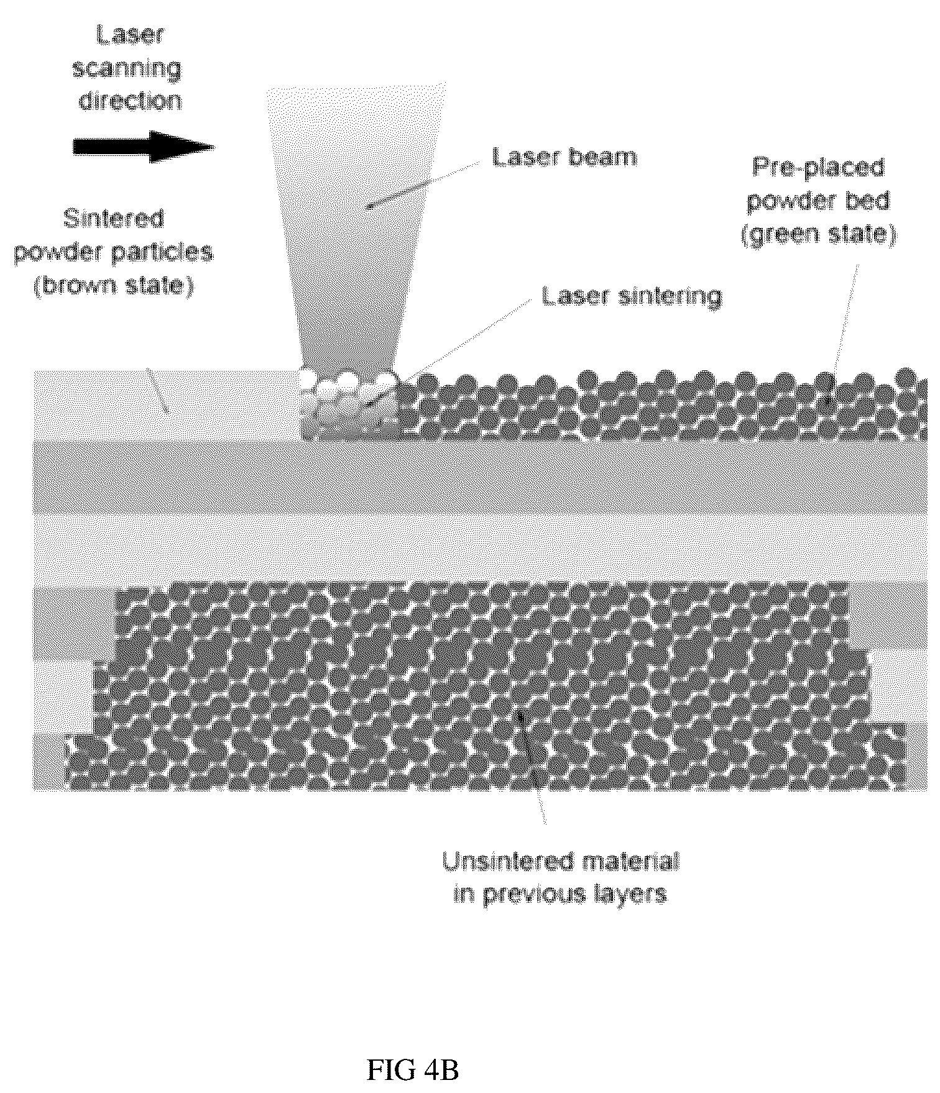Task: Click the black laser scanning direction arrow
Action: pos(144,147)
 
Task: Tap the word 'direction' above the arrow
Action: pos(131,100)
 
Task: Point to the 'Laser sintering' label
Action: pos(632,296)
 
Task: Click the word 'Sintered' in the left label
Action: pos(114,219)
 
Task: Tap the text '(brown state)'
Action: pos(114,286)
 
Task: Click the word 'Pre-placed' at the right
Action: pos(818,168)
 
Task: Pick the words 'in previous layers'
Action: pos(560,894)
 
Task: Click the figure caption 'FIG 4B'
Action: pos(413,1071)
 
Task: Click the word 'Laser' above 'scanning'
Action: pos(130,35)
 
